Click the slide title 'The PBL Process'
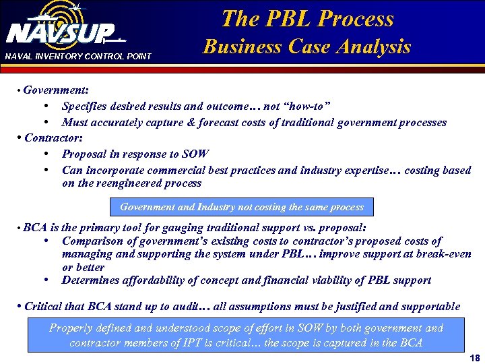coord(307,18)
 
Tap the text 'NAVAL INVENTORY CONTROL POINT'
coord(78,56)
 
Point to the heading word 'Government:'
coord(57,90)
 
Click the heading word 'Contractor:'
coord(53,138)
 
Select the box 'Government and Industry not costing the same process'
coord(241,207)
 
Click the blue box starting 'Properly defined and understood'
coord(246,335)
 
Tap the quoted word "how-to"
coord(307,106)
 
